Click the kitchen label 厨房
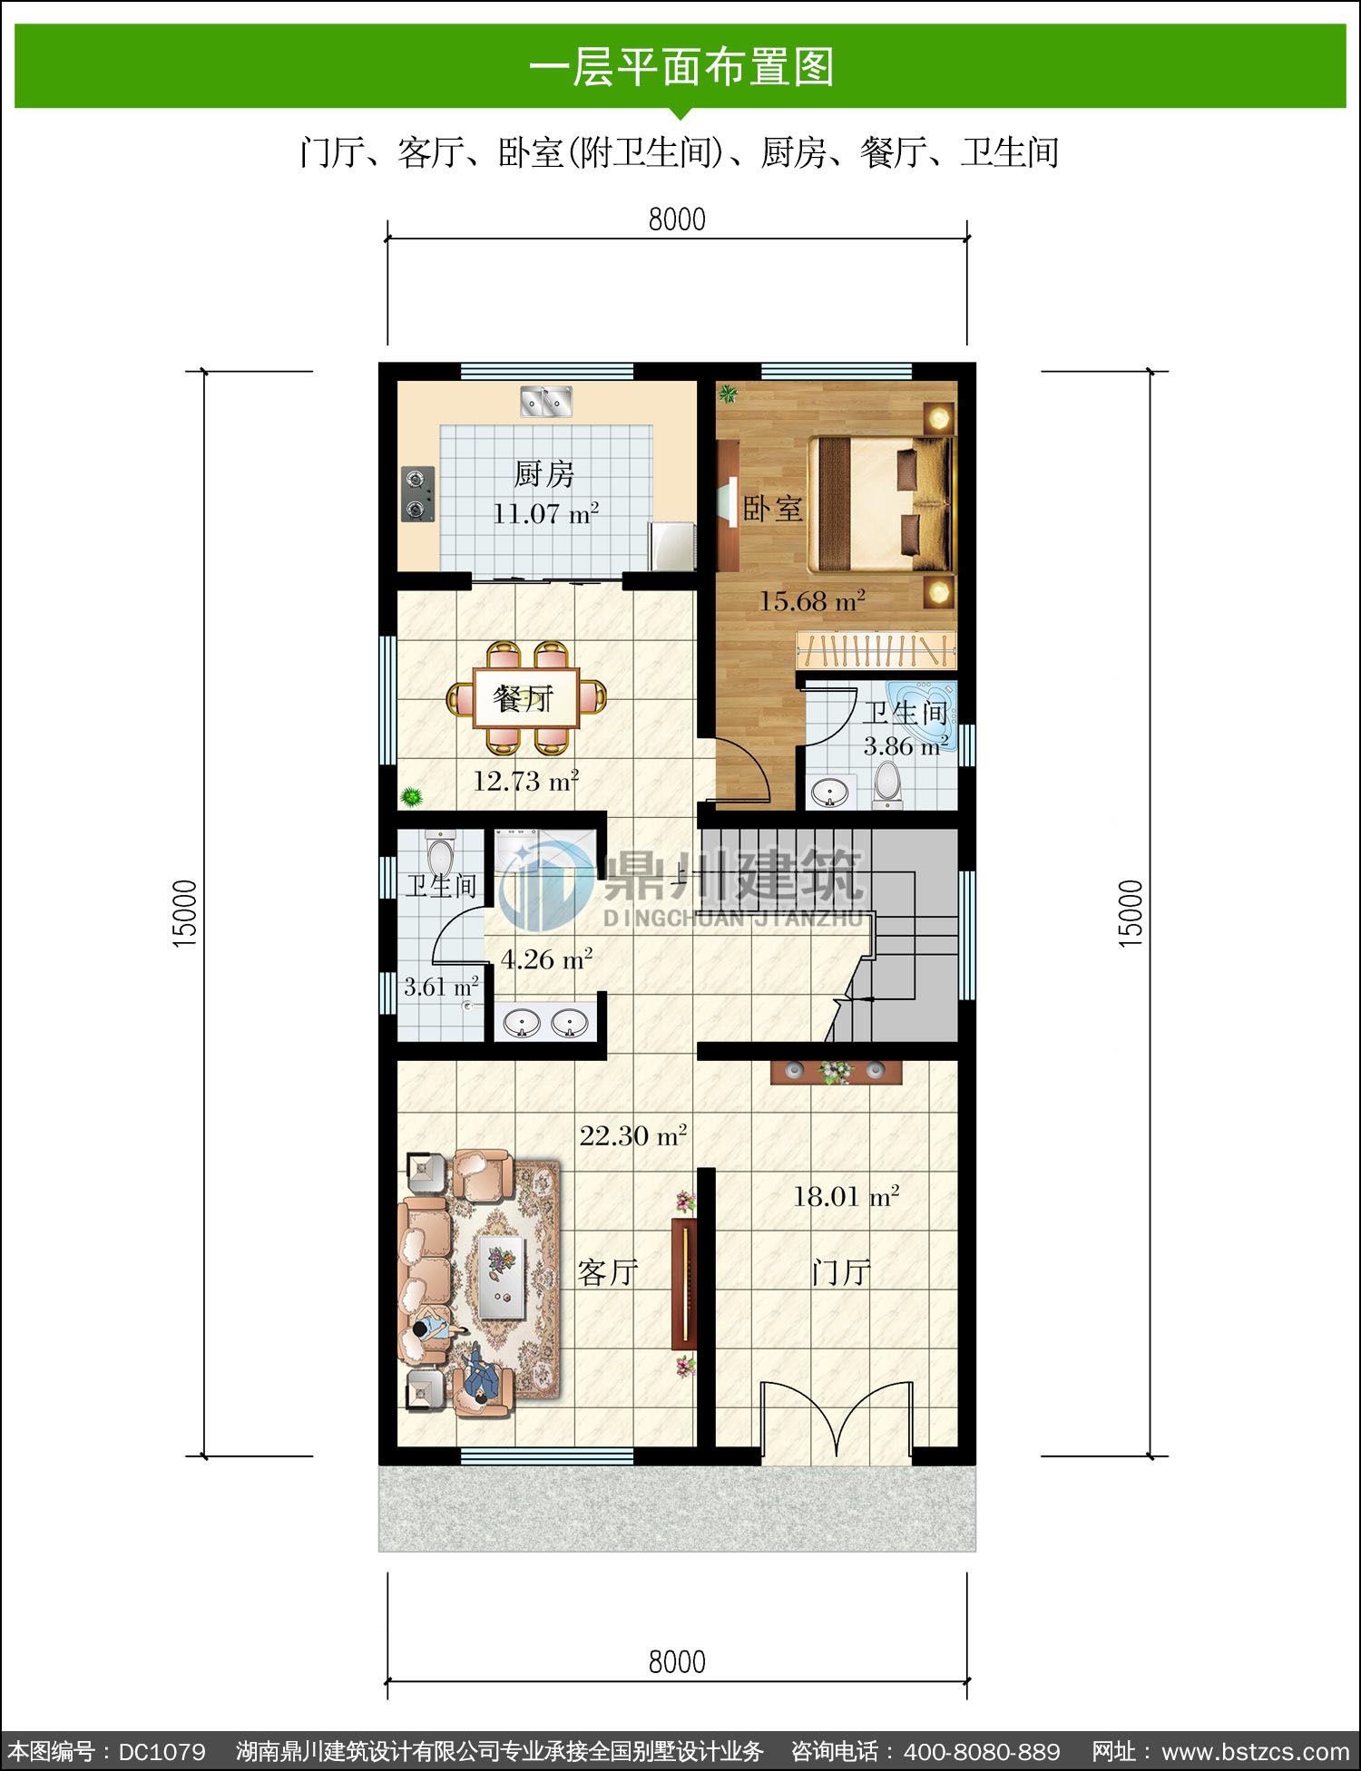pyautogui.click(x=544, y=473)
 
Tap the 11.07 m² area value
pyautogui.click(x=545, y=513)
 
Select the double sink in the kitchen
pyautogui.click(x=545, y=401)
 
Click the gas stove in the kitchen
pyautogui.click(x=417, y=493)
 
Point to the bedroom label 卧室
pyautogui.click(x=773, y=508)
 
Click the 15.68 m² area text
pyautogui.click(x=812, y=600)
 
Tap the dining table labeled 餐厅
pyautogui.click(x=526, y=698)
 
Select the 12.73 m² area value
pyautogui.click(x=526, y=781)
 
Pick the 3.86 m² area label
pyautogui.click(x=906, y=746)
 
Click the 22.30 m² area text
pyautogui.click(x=633, y=1135)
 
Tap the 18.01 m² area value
pyautogui.click(x=847, y=1196)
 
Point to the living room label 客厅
pyautogui.click(x=608, y=1272)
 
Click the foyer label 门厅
pyautogui.click(x=841, y=1272)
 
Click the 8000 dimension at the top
pyautogui.click(x=677, y=219)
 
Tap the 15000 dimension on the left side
pyautogui.click(x=185, y=914)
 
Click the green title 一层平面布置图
pyautogui.click(x=680, y=67)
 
